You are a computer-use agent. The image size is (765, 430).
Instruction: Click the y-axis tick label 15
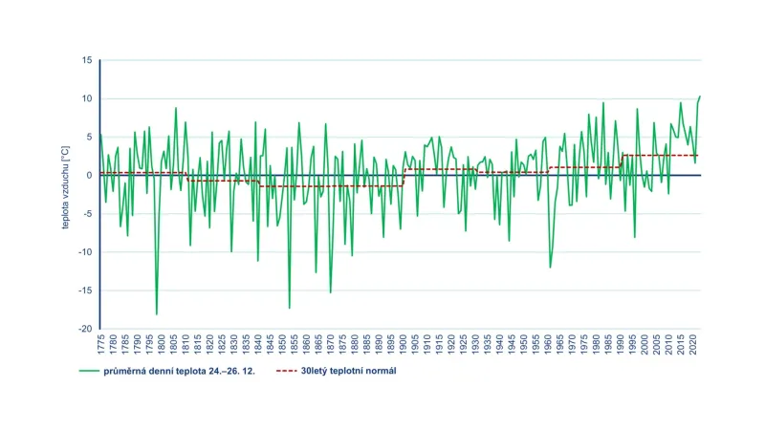pos(87,60)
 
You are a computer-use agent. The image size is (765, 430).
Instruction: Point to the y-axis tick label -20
pos(85,329)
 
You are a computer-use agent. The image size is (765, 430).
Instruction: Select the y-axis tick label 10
pos(87,98)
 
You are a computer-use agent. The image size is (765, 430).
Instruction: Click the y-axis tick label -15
pos(85,290)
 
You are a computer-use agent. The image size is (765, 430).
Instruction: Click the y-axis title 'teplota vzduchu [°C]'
pos(63,194)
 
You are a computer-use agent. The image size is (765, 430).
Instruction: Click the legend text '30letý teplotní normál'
pos(349,372)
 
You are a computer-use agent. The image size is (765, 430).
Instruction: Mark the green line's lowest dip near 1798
pos(157,314)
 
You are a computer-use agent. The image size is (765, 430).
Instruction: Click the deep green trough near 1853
pos(289,308)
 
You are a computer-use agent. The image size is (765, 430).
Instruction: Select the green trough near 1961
pos(550,267)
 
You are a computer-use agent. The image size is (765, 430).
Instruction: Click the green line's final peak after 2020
pos(700,96)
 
